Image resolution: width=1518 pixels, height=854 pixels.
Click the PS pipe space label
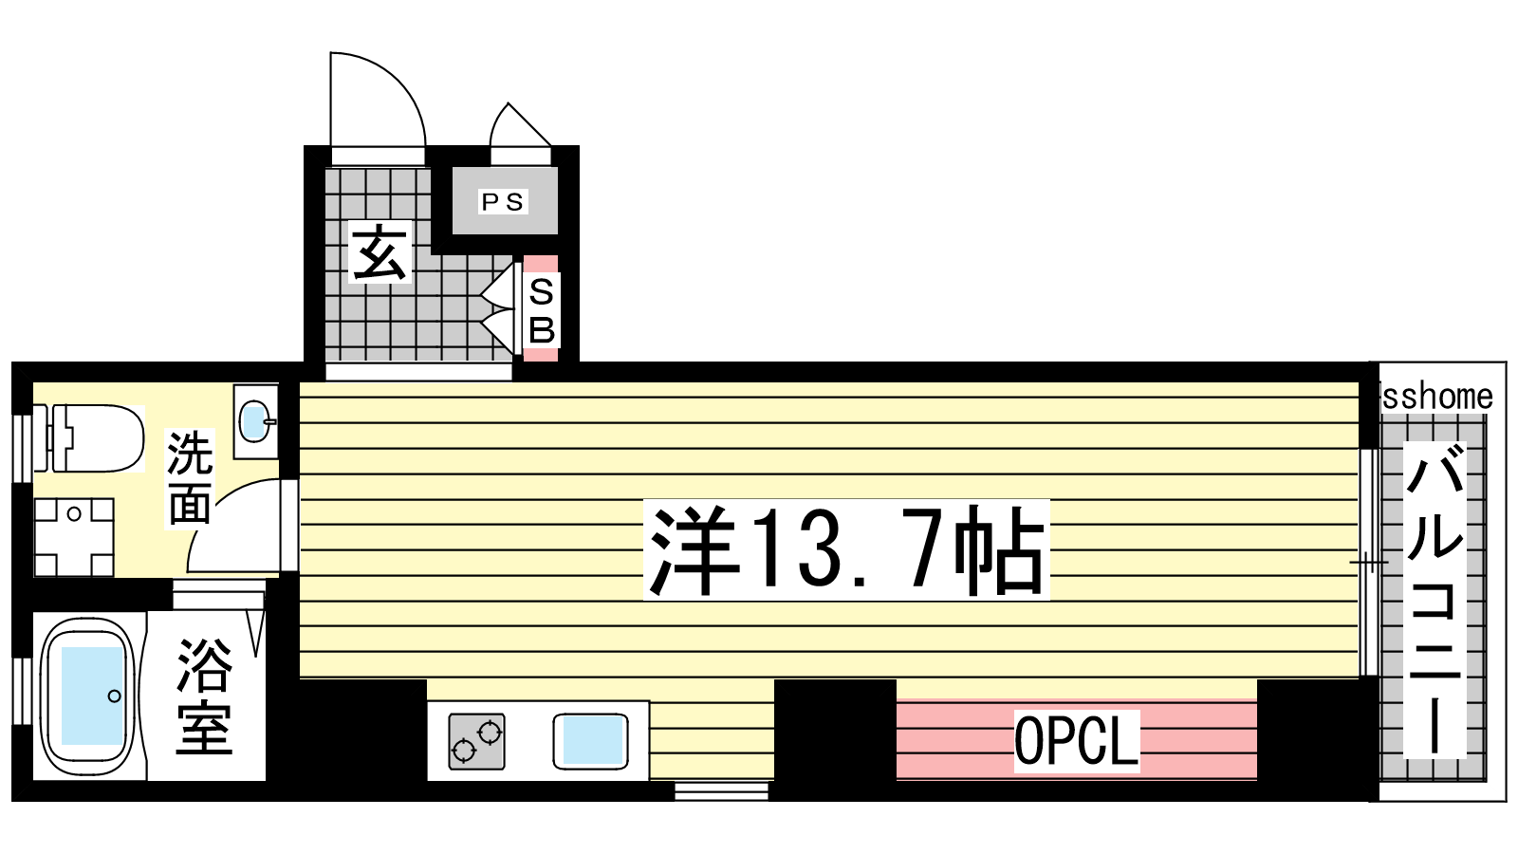(x=502, y=202)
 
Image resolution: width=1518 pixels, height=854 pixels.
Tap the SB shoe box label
(x=541, y=311)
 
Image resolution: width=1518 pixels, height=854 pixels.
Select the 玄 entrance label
(x=379, y=251)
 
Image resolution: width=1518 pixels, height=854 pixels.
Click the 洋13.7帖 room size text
(x=846, y=549)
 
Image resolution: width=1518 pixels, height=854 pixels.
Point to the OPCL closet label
(x=1076, y=741)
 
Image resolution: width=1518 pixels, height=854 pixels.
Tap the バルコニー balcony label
(x=1435, y=599)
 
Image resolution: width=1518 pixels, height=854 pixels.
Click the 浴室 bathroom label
(x=204, y=696)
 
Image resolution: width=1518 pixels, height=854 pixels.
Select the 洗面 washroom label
(x=190, y=478)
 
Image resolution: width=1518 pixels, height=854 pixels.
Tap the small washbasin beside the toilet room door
(x=256, y=421)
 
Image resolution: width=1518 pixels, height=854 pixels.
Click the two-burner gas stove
(x=477, y=741)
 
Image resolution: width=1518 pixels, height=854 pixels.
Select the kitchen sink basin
(x=591, y=741)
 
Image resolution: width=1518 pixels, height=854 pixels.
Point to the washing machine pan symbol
(x=74, y=537)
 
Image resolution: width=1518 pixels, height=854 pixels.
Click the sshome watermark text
(x=1437, y=397)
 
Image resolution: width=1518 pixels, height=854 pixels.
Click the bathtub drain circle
(x=115, y=696)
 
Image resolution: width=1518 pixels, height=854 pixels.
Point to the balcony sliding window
(x=1369, y=562)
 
